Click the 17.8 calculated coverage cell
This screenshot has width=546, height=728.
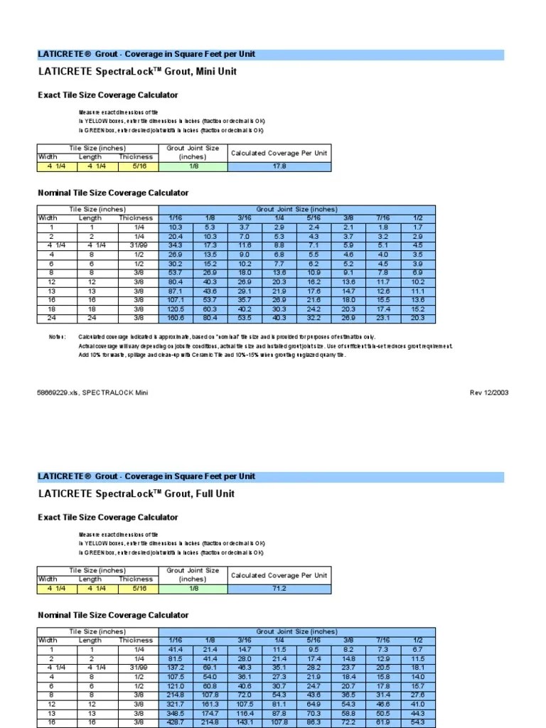279,167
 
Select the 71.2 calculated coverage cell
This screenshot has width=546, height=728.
279,589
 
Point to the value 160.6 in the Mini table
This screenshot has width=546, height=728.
175,318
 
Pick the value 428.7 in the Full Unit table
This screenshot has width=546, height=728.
175,722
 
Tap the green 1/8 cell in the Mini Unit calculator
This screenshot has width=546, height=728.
193,167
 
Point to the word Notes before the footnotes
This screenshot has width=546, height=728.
57,337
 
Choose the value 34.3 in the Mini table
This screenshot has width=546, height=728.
175,245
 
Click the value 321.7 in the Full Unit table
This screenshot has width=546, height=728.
175,704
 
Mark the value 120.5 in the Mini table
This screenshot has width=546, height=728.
175,309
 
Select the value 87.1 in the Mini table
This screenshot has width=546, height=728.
175,291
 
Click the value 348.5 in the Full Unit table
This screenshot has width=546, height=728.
175,713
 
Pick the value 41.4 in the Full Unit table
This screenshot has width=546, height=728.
175,649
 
